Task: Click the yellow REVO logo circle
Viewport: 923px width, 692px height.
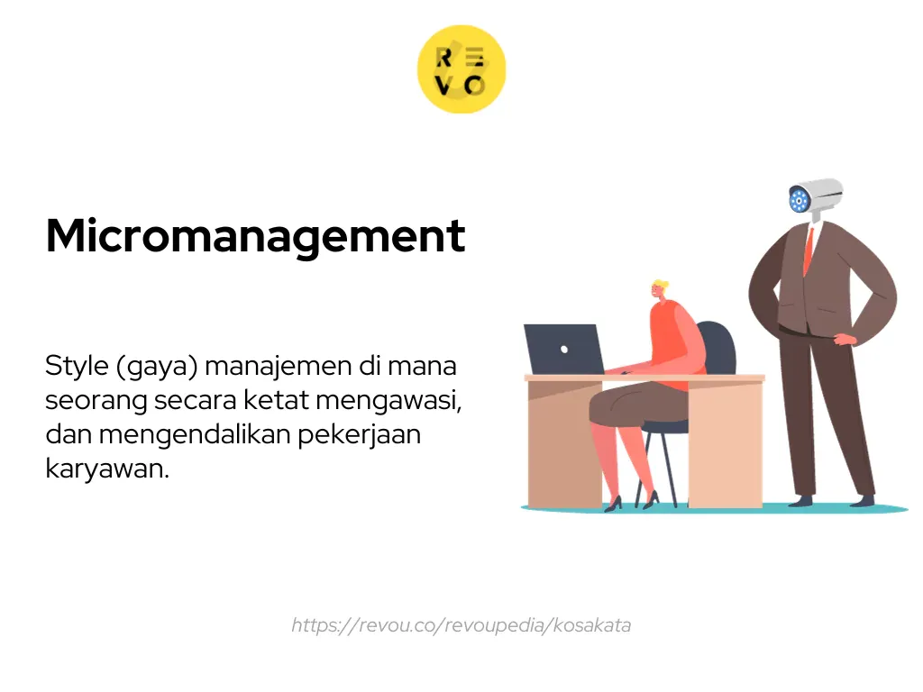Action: pyautogui.click(x=461, y=69)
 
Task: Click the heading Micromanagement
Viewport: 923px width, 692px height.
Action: pyautogui.click(x=255, y=236)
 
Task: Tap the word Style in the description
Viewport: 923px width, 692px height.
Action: pyautogui.click(x=75, y=367)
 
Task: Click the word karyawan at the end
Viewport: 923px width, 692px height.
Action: pyautogui.click(x=106, y=469)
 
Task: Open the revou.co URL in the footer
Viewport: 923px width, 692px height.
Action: pyautogui.click(x=461, y=624)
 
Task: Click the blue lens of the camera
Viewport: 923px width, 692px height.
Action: pyautogui.click(x=799, y=200)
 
